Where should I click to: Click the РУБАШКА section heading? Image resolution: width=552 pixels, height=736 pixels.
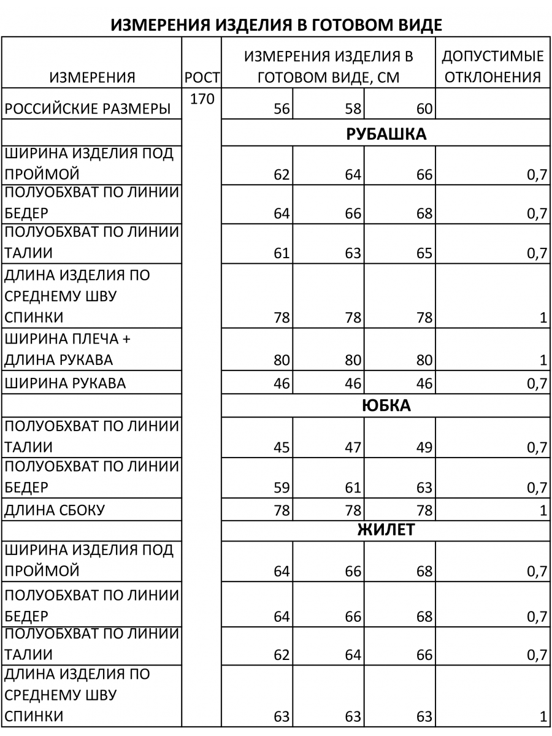coord(386,134)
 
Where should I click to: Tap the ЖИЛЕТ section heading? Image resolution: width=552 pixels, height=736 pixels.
coord(386,530)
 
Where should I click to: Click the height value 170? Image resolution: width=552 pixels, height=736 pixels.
coord(202,99)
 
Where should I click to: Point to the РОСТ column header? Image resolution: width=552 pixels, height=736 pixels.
coord(202,78)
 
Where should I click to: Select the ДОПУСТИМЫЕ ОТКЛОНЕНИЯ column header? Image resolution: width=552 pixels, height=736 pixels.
coord(493,67)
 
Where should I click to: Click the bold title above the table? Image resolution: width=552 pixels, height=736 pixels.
coord(276,25)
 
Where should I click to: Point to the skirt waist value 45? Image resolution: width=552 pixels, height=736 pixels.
coord(282,447)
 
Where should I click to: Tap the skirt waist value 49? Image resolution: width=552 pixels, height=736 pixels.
coord(424,447)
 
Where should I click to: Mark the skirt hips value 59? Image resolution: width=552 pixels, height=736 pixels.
coord(282,488)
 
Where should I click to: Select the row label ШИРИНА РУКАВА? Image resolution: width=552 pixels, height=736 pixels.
coord(65,383)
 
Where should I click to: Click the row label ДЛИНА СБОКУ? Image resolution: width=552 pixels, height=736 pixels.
coord(55,510)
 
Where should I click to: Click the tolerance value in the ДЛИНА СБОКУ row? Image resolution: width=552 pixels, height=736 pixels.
coord(542,510)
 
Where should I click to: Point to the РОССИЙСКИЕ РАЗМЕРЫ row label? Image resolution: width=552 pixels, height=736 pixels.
coord(88,110)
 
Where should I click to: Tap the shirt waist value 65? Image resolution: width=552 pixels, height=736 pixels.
coord(424,253)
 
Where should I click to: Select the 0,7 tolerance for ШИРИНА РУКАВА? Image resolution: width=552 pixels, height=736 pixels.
coord(536,384)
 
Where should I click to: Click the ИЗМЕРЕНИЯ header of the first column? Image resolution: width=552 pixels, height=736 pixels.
coord(92,78)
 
